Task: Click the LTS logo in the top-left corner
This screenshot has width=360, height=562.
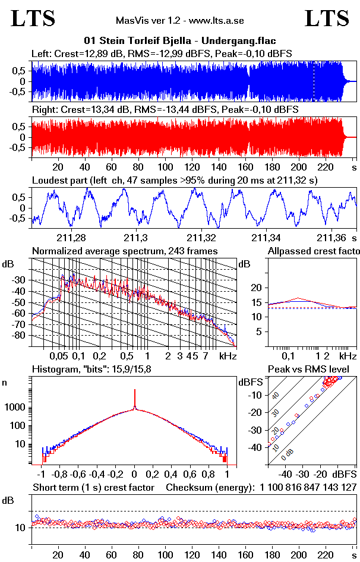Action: (x=33, y=19)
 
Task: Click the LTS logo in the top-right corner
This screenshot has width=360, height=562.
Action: (x=327, y=19)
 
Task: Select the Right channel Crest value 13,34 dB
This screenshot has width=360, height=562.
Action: (x=97, y=109)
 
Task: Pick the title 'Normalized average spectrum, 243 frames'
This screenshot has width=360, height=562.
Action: (x=125, y=251)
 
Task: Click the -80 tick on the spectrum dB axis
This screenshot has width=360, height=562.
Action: (x=20, y=335)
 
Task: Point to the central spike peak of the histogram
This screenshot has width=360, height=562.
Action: (x=135, y=393)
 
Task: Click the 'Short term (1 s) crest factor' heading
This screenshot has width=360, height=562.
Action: (x=93, y=487)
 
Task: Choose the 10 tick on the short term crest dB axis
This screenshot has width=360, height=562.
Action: (x=19, y=528)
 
